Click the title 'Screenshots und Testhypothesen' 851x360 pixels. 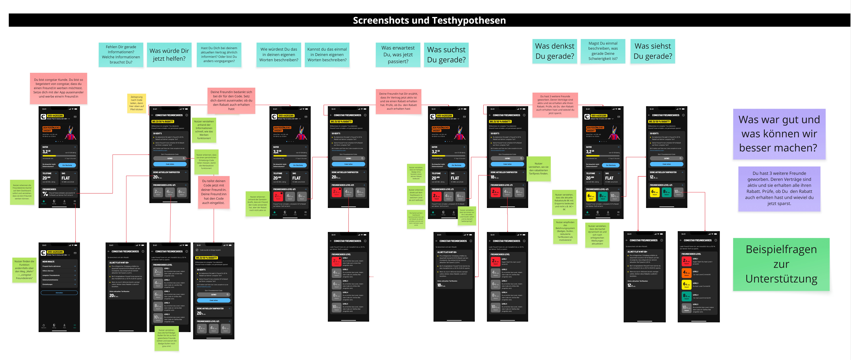429,20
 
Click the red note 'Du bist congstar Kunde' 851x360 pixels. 59,88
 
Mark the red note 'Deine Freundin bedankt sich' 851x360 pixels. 231,100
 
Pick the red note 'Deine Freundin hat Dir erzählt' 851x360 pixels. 398,101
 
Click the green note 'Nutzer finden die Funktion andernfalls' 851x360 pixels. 24,270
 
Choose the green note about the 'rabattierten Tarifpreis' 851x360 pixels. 538,168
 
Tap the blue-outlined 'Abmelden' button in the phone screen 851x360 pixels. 59,293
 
